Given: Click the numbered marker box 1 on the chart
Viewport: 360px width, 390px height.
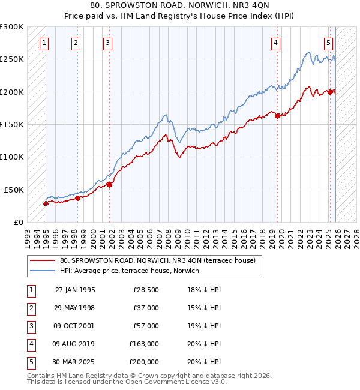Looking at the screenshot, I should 45,43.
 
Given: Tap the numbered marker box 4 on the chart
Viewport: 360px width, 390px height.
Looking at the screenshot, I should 275,43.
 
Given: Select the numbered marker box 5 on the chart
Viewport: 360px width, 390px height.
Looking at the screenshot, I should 329,43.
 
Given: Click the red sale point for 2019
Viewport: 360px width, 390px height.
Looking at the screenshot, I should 277,116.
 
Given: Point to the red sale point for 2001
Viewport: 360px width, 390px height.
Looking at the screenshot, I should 109,185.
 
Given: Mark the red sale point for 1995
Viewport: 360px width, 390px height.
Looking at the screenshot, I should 46,203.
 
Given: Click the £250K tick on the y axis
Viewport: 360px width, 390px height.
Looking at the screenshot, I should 12,59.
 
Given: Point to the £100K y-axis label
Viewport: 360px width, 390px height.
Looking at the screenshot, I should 12,157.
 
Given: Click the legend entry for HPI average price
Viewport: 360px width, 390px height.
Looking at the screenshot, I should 133,271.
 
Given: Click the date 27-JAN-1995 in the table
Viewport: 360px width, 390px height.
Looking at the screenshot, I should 75,290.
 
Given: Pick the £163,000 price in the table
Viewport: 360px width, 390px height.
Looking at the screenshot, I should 144,344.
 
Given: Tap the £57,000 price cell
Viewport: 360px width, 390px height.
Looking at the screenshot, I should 146,326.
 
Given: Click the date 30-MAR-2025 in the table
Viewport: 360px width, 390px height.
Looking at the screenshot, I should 75,362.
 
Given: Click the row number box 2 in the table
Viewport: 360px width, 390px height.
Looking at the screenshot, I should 31,308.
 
